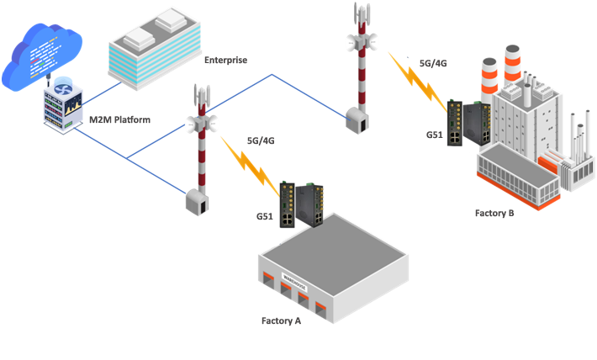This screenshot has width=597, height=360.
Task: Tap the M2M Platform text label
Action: [119, 119]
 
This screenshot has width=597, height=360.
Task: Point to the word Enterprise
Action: [225, 61]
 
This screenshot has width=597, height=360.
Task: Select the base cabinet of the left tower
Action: [198, 202]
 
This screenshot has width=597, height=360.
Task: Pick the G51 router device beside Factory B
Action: [465, 123]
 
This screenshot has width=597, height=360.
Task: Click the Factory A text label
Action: [281, 320]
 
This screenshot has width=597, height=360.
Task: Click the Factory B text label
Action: [494, 212]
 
